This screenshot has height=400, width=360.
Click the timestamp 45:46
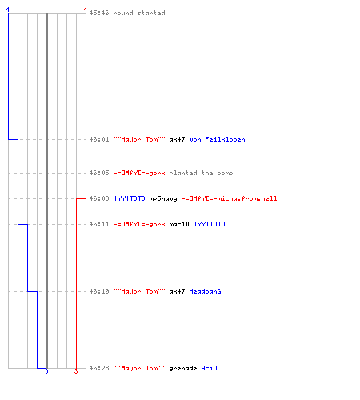pos(99,13)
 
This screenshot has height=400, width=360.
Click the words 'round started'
pos(139,13)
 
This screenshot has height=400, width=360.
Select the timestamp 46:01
pos(99,139)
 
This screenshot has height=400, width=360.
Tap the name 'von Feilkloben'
pos(218,139)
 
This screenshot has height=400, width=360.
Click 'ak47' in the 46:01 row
pos(177,139)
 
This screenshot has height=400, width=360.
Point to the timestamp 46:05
pos(99,173)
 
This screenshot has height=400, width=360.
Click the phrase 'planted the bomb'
pos(201,173)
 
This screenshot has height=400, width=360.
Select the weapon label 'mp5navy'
pos(163,198)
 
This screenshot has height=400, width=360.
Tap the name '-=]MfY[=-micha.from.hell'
pos(229,198)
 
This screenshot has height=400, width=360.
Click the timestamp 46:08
pos(99,198)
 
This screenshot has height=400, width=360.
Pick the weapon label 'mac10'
pos(179,224)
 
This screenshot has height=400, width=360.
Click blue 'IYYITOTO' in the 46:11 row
pos(210,224)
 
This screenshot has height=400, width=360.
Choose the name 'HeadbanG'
pos(205,291)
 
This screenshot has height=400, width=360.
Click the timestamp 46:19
pos(99,291)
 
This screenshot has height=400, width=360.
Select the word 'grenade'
pos(183,368)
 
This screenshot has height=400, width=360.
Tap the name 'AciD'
pos(209,368)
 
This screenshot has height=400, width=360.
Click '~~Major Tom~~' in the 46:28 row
pos(139,368)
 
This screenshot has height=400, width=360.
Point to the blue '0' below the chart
pos(46,371)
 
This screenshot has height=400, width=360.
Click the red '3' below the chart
pos(76,371)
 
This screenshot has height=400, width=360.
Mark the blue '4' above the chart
pos(8,10)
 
